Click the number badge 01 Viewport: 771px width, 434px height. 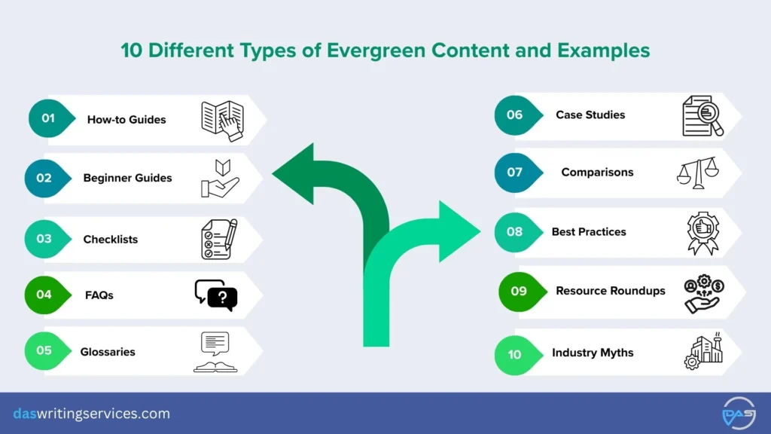pyautogui.click(x=49, y=118)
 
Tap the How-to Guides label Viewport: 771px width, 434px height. pyautogui.click(x=126, y=119)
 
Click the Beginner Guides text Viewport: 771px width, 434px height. pyautogui.click(x=127, y=178)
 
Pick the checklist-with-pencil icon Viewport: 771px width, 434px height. pyautogui.click(x=219, y=239)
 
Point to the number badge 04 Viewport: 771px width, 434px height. pyautogui.click(x=44, y=294)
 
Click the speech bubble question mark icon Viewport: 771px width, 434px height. pyautogui.click(x=215, y=295)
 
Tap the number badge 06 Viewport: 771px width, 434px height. pyautogui.click(x=514, y=115)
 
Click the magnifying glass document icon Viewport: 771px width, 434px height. pyautogui.click(x=702, y=115)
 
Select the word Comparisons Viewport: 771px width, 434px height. pyautogui.click(x=597, y=172)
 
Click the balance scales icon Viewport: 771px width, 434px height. pyautogui.click(x=696, y=173)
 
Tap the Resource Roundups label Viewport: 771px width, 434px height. pyautogui.click(x=610, y=290)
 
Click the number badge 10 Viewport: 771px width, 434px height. pyautogui.click(x=514, y=353)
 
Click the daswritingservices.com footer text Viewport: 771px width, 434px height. pyautogui.click(x=91, y=414)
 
